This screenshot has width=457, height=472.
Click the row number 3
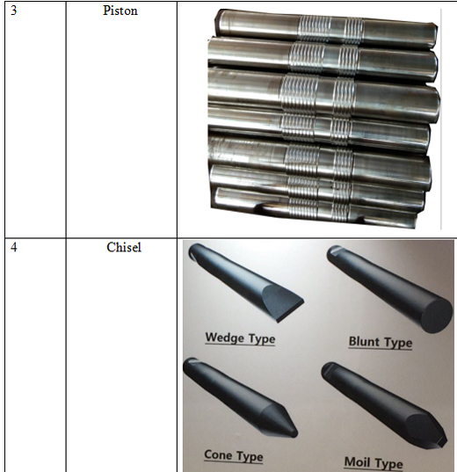(14, 11)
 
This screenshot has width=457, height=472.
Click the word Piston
(120, 11)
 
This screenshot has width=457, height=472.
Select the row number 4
(14, 248)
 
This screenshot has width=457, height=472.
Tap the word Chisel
(124, 248)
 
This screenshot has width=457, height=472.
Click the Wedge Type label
(240, 338)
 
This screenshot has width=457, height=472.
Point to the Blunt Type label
(381, 342)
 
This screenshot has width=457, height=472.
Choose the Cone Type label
(233, 456)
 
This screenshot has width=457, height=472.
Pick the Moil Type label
(374, 462)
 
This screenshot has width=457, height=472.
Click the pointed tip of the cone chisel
(294, 433)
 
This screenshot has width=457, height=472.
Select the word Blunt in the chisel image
(364, 342)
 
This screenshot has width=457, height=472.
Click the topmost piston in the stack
(325, 29)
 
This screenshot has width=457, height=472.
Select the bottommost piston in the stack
(316, 207)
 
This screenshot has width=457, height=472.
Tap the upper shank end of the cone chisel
(190, 363)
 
